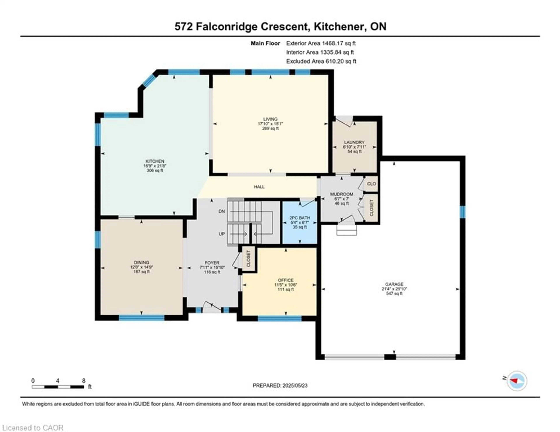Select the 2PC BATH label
coord(300,218)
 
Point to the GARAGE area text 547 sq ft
coord(394,293)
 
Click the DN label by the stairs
coord(222,211)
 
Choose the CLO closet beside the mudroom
coord(371,184)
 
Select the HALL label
coord(259,187)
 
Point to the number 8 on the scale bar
coord(84,381)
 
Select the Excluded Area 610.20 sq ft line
coord(321,61)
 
